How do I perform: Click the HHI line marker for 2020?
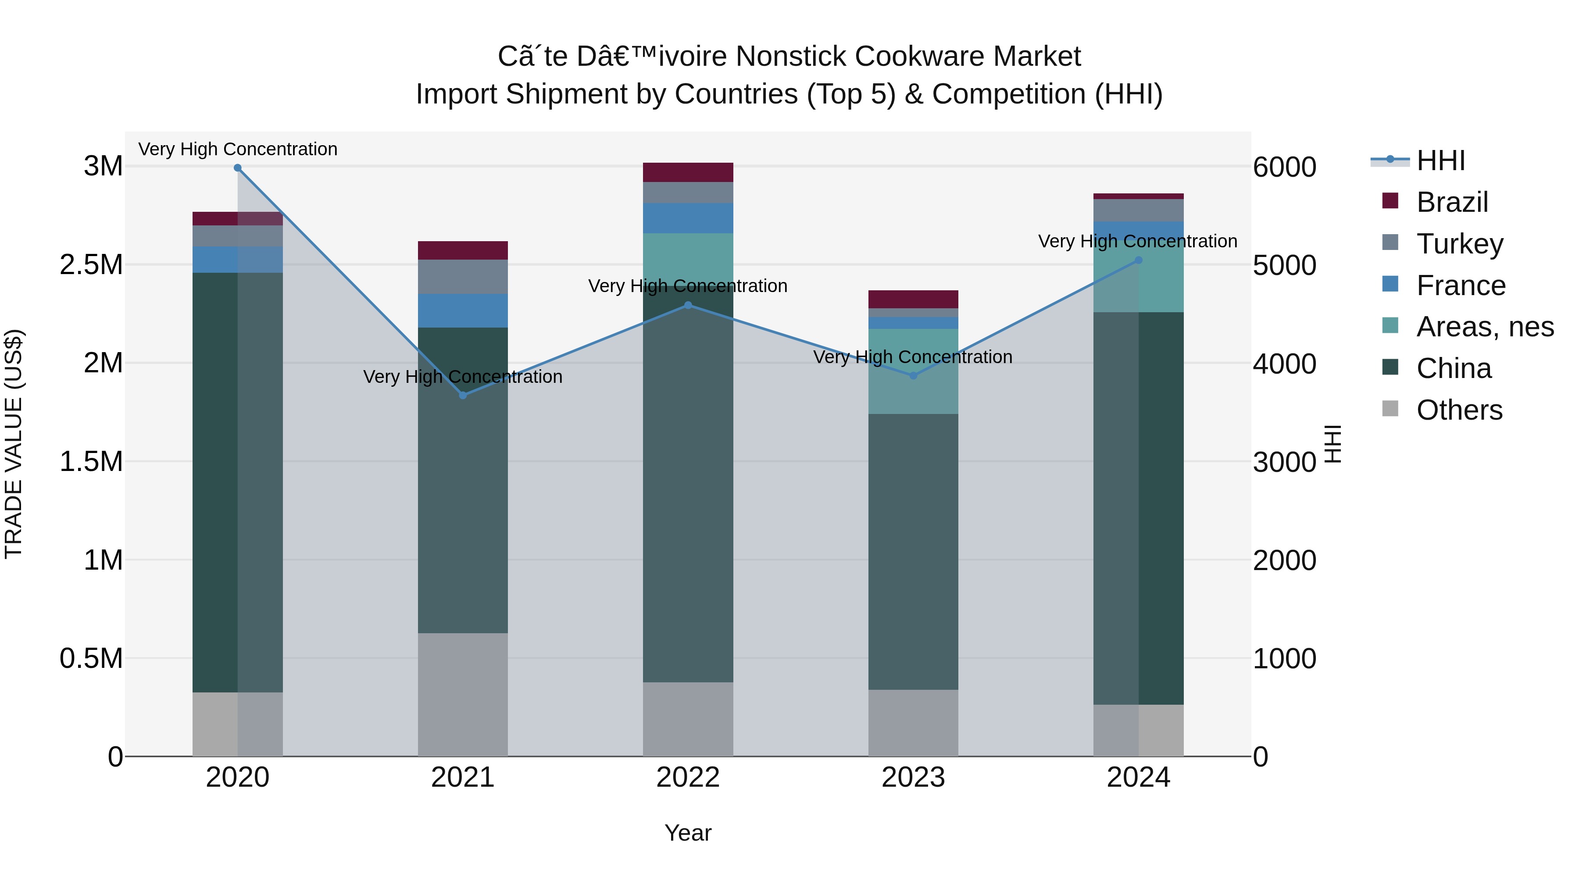(x=238, y=168)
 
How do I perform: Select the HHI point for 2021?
(x=463, y=395)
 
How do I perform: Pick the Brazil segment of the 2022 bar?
(x=688, y=172)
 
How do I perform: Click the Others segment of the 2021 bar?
(x=463, y=694)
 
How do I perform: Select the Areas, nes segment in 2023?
(x=913, y=371)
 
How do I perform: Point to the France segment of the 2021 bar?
(x=463, y=311)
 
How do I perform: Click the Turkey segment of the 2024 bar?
(x=1138, y=210)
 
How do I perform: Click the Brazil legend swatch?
(x=1390, y=201)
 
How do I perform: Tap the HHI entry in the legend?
(x=1440, y=160)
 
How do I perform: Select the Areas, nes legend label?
(x=1485, y=327)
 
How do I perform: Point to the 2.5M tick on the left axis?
(x=92, y=265)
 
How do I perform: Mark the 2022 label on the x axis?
(x=688, y=777)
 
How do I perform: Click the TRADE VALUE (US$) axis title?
(x=14, y=444)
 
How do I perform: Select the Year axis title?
(x=688, y=833)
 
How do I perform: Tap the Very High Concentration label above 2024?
(x=1138, y=242)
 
